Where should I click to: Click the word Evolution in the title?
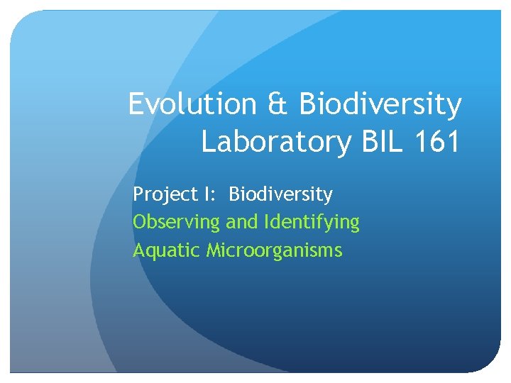click(x=192, y=105)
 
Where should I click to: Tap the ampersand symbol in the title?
click(x=278, y=105)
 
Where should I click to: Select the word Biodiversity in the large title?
click(x=380, y=105)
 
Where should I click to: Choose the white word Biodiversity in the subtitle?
click(x=280, y=194)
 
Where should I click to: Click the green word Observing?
click(x=177, y=223)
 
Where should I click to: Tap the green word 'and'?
click(x=242, y=222)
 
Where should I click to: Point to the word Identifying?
click(x=312, y=223)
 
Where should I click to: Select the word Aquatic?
click(x=167, y=250)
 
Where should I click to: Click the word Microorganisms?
click(x=275, y=250)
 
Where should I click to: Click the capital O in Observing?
click(x=140, y=222)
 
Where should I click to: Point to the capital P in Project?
click(x=138, y=194)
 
